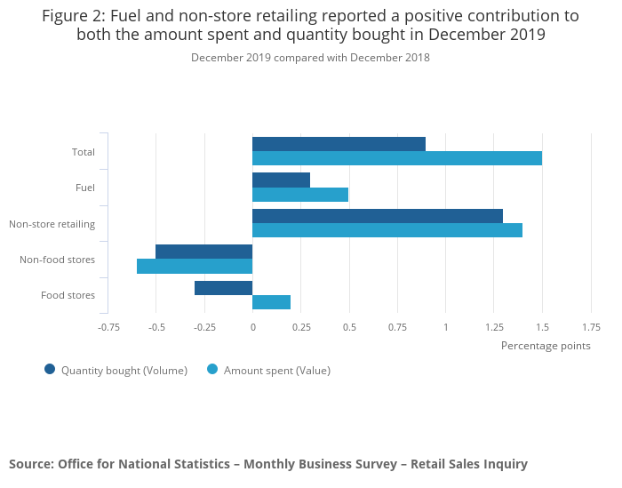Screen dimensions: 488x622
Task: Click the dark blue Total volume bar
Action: click(339, 144)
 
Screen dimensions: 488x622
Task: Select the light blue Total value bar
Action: click(396, 158)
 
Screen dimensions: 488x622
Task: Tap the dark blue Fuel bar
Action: click(281, 180)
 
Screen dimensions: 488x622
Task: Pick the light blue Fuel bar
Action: click(300, 195)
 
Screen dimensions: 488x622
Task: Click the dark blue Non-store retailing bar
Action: click(377, 216)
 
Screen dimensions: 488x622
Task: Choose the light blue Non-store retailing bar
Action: click(387, 230)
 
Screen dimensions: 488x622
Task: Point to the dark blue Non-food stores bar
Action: click(203, 252)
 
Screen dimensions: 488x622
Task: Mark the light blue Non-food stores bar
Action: click(195, 266)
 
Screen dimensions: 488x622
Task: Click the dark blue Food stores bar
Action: click(223, 288)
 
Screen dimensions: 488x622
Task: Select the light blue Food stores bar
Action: click(271, 302)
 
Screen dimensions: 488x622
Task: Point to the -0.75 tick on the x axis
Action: click(108, 327)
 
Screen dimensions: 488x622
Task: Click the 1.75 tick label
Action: click(591, 327)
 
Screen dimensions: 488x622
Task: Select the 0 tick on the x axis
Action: click(252, 327)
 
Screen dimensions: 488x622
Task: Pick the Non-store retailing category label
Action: click(52, 224)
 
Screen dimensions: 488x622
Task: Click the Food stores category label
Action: click(68, 295)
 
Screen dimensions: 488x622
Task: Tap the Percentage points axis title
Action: click(546, 346)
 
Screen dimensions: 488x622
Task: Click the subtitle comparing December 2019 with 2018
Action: click(310, 58)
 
